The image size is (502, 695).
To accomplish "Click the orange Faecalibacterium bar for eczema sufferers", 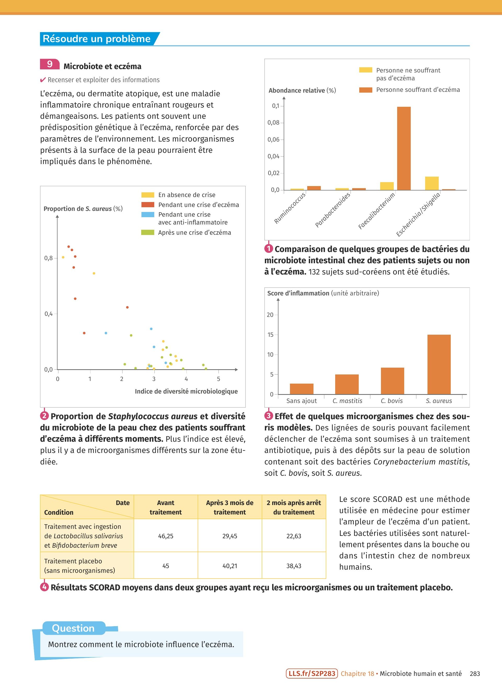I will pyautogui.click(x=404, y=148).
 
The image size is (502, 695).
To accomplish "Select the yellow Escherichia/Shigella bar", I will pyautogui.click(x=432, y=183).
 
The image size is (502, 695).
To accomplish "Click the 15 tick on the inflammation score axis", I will pyautogui.click(x=270, y=335).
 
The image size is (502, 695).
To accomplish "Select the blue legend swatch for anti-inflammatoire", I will pyautogui.click(x=147, y=215).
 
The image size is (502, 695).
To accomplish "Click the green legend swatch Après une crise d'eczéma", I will pyautogui.click(x=147, y=233).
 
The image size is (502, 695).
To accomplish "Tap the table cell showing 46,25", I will pyautogui.click(x=166, y=536).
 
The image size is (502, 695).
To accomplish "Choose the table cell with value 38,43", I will pyautogui.click(x=294, y=566).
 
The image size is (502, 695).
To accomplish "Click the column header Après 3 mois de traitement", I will pyautogui.click(x=230, y=507).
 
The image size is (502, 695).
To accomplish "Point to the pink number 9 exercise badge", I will pyautogui.click(x=50, y=64).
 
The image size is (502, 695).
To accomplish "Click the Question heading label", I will pyautogui.click(x=73, y=628).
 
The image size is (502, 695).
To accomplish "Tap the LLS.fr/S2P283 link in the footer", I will pyautogui.click(x=312, y=674).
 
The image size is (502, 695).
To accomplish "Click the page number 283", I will pyautogui.click(x=475, y=674).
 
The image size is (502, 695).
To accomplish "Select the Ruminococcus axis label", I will pyautogui.click(x=290, y=208).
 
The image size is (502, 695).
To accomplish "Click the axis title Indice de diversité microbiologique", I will pyautogui.click(x=186, y=391).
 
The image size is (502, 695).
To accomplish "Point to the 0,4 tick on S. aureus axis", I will pyautogui.click(x=49, y=314).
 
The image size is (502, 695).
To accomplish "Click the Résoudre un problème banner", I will pyautogui.click(x=97, y=39).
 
